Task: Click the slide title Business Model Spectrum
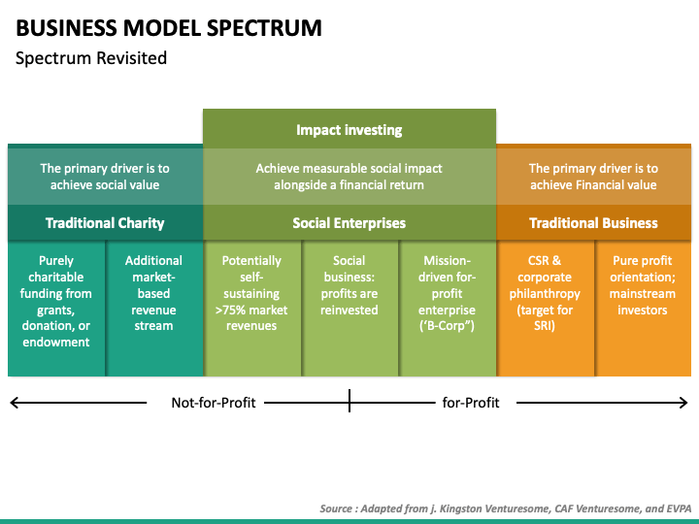coord(169,28)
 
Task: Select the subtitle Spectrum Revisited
coord(91,58)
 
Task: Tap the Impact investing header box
coord(349,130)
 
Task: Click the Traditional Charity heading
coord(105,223)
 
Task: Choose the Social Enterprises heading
coord(349,223)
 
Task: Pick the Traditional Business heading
coord(593,223)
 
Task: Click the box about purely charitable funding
coord(56,309)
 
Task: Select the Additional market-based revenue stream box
coord(154,309)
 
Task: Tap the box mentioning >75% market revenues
coord(252,309)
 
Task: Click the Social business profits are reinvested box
coord(349,309)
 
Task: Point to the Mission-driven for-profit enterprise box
coord(448,309)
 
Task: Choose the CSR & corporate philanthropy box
coord(546,309)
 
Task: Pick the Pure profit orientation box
coord(644,309)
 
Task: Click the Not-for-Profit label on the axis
coord(214,403)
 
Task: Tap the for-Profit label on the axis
coord(471,403)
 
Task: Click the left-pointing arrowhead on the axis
coord(14,403)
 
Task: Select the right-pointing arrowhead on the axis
coord(684,403)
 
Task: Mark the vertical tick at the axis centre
coord(349,400)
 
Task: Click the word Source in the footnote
coord(336,508)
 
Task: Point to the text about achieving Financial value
coord(593,177)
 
